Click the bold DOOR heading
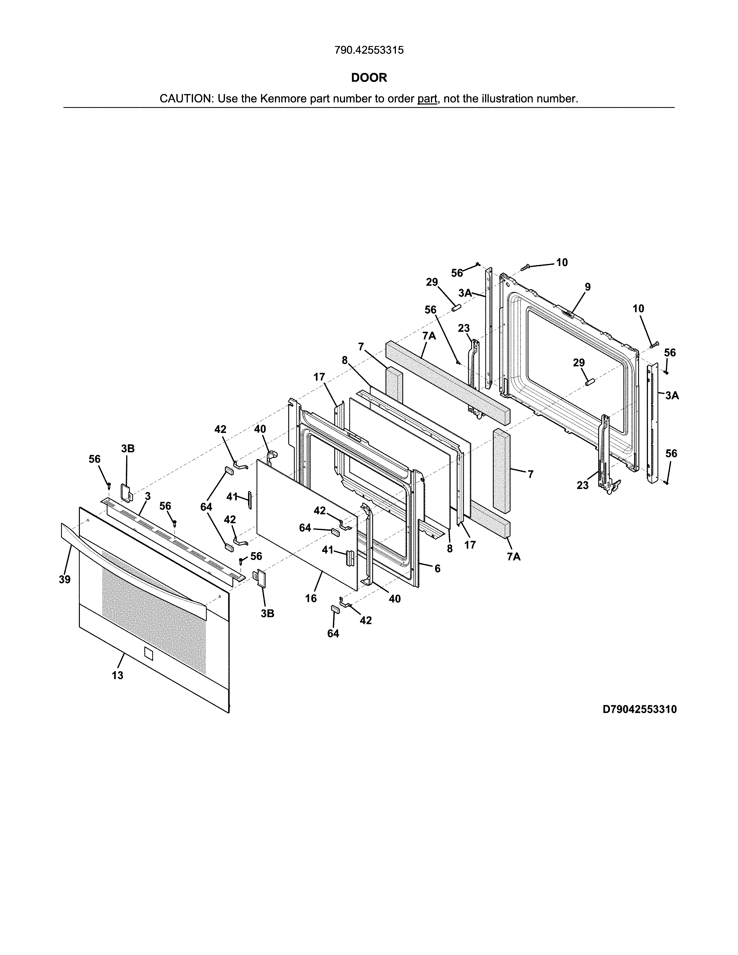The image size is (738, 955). pyautogui.click(x=369, y=78)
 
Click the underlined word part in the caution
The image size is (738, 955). pyautogui.click(x=427, y=99)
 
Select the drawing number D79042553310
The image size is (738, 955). pyautogui.click(x=639, y=709)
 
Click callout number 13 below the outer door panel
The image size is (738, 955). pyautogui.click(x=117, y=675)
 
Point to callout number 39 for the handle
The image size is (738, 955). pyautogui.click(x=65, y=579)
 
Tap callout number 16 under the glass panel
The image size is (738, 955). pyautogui.click(x=311, y=598)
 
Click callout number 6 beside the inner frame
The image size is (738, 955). pyautogui.click(x=437, y=568)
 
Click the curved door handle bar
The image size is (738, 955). pyautogui.click(x=131, y=564)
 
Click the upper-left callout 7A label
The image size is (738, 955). pyautogui.click(x=429, y=336)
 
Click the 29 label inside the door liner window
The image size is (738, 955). pyautogui.click(x=579, y=363)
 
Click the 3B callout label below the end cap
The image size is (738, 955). pyautogui.click(x=268, y=614)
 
